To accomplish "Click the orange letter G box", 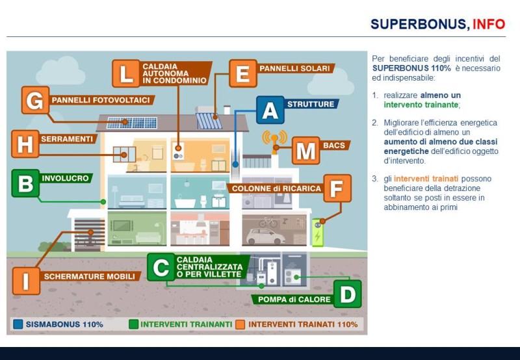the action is tap(36, 100).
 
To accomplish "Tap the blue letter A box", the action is tap(270, 110).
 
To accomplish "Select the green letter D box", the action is tap(348, 294).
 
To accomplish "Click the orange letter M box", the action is tap(305, 151).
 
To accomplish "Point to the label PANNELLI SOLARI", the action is tap(295, 69).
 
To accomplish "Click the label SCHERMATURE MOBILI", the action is tap(90, 276).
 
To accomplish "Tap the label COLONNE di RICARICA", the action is tap(277, 188).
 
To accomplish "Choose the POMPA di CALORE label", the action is tap(294, 300).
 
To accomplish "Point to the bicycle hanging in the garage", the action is tap(268, 222).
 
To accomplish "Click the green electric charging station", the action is tap(318, 233).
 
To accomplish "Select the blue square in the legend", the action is tap(18, 324).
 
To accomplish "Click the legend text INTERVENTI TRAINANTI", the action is tap(187, 324).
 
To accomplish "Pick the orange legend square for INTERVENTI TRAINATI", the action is tap(240, 324).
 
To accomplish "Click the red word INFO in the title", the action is tap(489, 24).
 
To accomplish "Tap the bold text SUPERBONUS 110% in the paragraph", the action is tap(411, 68).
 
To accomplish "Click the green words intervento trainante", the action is tap(421, 105).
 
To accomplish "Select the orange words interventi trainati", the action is tap(426, 179).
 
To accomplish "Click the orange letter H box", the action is tap(25, 144).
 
